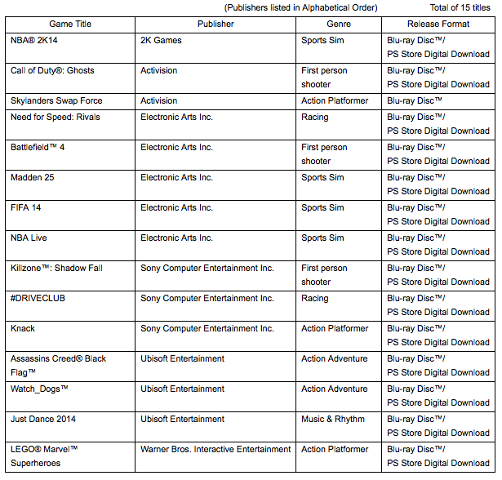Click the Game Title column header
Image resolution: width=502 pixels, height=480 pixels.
pyautogui.click(x=70, y=24)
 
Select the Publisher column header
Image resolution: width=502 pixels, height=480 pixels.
pyautogui.click(x=215, y=24)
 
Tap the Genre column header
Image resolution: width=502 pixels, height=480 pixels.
pyautogui.click(x=339, y=24)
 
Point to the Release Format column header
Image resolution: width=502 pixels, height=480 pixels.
pyautogui.click(x=438, y=24)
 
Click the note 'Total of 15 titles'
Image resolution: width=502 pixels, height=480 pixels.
pyautogui.click(x=460, y=7)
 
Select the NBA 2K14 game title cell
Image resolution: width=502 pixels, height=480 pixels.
pyautogui.click(x=35, y=40)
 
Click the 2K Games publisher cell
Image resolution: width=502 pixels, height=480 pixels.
pyautogui.click(x=161, y=40)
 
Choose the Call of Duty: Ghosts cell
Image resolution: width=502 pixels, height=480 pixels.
pyautogui.click(x=52, y=70)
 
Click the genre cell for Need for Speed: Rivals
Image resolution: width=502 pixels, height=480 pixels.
pyautogui.click(x=314, y=117)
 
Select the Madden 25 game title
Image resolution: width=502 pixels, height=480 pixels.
pyautogui.click(x=33, y=177)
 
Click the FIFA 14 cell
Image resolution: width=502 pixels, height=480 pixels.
pyautogui.click(x=26, y=207)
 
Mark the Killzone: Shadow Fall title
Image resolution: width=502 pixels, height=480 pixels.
pyautogui.click(x=56, y=268)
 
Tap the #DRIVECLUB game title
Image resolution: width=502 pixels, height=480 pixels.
pyautogui.click(x=38, y=298)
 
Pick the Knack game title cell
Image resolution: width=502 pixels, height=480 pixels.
pyautogui.click(x=23, y=328)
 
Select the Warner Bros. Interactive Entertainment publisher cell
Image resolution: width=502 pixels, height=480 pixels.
pyautogui.click(x=215, y=449)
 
